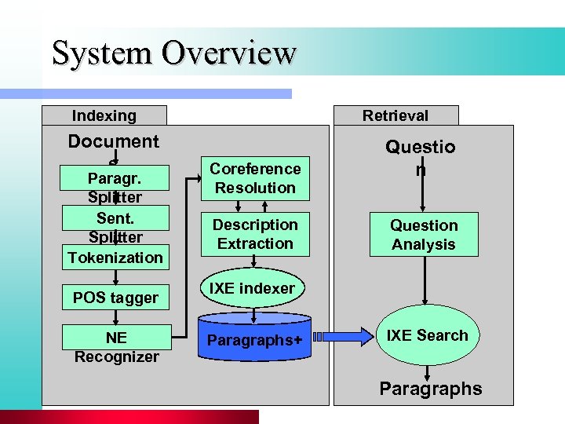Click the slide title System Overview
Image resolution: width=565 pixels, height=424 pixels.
pos(173,53)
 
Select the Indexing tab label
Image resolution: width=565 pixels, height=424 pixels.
pos(104,115)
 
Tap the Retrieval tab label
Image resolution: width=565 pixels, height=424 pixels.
pos(395,115)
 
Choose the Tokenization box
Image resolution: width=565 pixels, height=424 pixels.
pos(115,257)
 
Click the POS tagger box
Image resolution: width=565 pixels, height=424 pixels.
pos(115,298)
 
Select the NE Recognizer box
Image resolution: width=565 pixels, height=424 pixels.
pos(116,346)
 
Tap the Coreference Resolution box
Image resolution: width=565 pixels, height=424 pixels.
pos(255,178)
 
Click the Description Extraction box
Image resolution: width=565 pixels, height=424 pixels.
pos(255,234)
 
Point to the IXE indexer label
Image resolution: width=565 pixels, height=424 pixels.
pos(251,288)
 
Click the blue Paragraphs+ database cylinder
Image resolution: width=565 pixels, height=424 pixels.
pos(256,338)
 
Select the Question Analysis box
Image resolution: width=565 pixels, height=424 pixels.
pos(424,234)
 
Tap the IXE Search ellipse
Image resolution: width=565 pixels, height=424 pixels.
pos(426,336)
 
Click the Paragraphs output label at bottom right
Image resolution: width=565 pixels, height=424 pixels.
pos(431,389)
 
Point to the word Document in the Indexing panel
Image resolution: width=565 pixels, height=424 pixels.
pos(113,141)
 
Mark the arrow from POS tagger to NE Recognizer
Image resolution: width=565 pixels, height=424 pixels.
pos(116,316)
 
